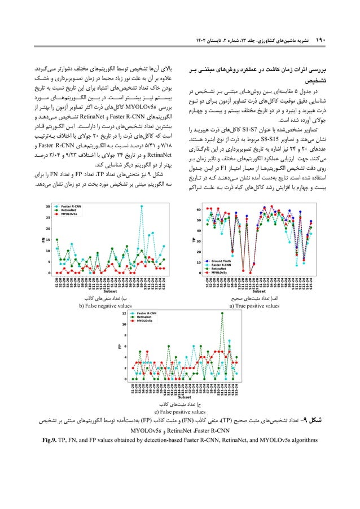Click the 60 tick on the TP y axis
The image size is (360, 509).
tap(200, 209)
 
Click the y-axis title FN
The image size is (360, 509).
tap(42, 240)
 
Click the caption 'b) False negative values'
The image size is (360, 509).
tap(104, 306)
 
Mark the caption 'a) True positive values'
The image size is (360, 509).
tap(254, 306)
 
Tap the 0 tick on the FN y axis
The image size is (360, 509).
tap(50, 272)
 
